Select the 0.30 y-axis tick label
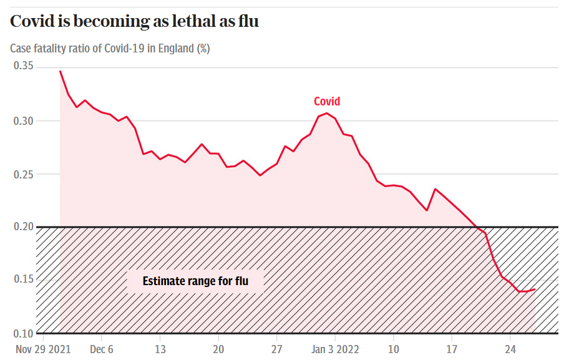(23, 120)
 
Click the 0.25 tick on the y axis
(23, 173)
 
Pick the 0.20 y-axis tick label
(23, 226)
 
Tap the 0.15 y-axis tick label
(23, 280)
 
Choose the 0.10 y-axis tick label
(23, 333)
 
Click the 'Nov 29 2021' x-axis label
(43, 349)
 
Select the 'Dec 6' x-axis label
(102, 349)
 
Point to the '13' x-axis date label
(160, 349)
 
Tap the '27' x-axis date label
(277, 349)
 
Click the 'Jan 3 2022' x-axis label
(336, 349)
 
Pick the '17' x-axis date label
(452, 349)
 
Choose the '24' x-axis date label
(510, 349)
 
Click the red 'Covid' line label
(327, 102)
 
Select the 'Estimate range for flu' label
(195, 281)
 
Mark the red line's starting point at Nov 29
(60, 71)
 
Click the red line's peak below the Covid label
(327, 114)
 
